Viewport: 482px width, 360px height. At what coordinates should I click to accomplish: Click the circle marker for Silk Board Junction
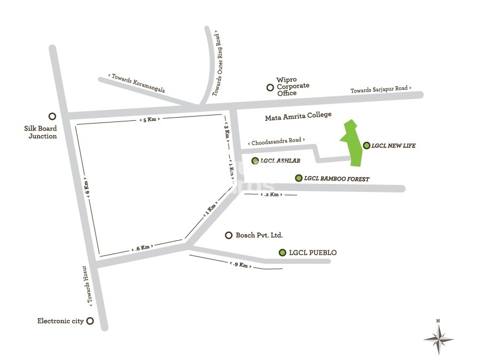(52, 116)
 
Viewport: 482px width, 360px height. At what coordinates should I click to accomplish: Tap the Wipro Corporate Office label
(292, 87)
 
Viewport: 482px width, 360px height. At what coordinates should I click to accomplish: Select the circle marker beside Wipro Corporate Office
(270, 87)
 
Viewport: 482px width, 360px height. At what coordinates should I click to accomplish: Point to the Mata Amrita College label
(298, 115)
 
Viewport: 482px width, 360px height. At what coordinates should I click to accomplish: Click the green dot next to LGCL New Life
(366, 145)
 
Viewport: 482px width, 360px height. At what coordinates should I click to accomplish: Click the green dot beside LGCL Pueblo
(282, 252)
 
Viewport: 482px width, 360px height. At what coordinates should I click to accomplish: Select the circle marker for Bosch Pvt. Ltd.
(229, 235)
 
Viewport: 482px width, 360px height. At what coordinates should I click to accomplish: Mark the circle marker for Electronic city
(90, 321)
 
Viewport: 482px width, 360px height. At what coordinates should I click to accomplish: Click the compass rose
(438, 338)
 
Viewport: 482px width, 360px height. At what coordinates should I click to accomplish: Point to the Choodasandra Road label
(276, 142)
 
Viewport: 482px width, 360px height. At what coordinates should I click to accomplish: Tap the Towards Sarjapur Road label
(381, 90)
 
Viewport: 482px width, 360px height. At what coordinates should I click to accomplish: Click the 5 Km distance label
(150, 119)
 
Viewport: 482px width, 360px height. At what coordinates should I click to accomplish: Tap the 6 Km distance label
(87, 189)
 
